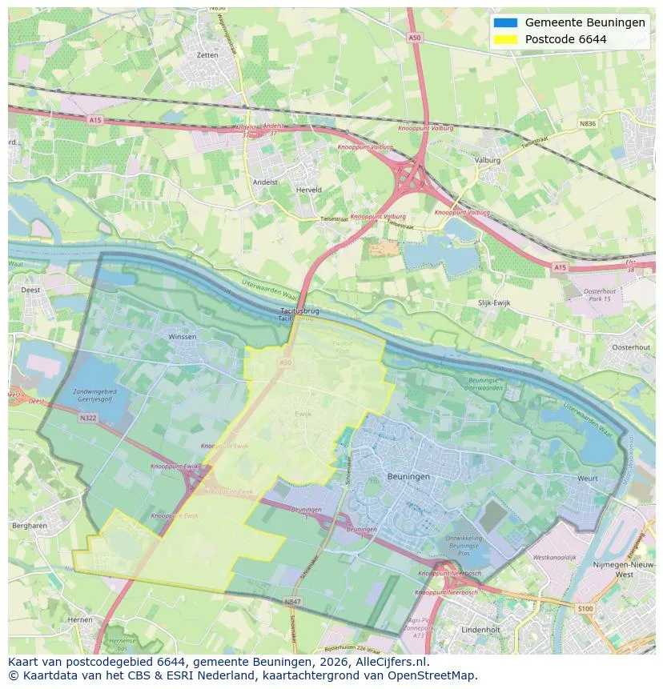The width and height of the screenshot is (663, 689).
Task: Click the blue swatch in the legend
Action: pos(505,22)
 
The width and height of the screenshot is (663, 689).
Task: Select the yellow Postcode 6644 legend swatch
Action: pos(505,39)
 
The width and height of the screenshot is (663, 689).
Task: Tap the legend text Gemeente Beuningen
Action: pos(585,22)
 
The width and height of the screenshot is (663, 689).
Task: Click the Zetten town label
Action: pos(207,55)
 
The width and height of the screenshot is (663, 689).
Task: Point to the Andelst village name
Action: pos(265,182)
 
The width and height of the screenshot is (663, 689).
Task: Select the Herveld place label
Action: pos(308,190)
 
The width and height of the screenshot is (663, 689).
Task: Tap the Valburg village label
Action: pos(487,160)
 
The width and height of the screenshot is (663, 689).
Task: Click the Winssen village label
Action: pos(182,338)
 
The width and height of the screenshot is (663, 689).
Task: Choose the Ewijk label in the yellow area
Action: pos(302,415)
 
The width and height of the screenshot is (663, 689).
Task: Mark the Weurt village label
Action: pos(587,479)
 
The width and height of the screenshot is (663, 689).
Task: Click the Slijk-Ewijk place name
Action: pos(494,304)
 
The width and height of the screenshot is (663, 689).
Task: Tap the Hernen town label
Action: pos(80,619)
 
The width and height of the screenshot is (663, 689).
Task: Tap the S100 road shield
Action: pos(586,609)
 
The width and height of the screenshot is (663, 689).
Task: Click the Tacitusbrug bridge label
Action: pos(300,310)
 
